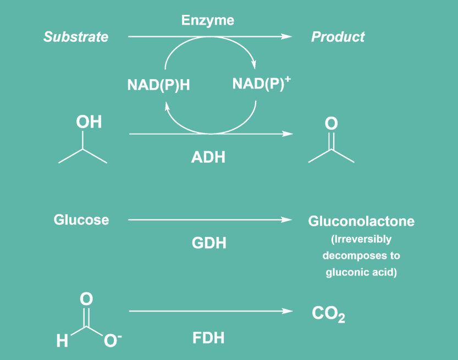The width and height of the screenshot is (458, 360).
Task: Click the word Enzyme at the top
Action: [x=208, y=21]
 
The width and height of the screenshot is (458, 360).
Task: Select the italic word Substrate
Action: [x=76, y=37]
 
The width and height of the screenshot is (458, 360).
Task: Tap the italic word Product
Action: [x=338, y=37]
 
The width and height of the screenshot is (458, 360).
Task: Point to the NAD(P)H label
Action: [x=158, y=86]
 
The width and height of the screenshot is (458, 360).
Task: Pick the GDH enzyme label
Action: [x=209, y=243]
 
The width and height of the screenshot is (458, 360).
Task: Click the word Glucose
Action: [x=81, y=220]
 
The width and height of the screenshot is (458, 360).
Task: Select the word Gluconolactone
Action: [x=361, y=221]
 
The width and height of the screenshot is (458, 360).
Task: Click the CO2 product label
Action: [x=328, y=314]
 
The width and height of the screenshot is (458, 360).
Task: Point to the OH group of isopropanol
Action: [x=89, y=121]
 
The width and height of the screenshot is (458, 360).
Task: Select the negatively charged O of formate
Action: [x=111, y=341]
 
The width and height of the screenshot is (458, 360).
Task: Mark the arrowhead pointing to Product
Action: [x=286, y=37]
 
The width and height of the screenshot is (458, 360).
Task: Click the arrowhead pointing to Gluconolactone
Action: [x=286, y=220]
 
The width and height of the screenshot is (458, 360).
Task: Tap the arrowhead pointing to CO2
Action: [x=287, y=312]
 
